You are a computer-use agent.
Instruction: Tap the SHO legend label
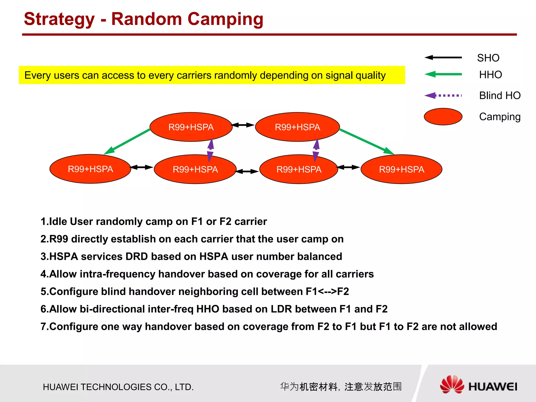(488, 58)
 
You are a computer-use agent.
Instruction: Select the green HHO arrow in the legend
(443, 74)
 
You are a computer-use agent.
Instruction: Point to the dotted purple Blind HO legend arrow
(443, 96)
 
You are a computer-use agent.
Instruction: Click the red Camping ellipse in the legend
(443, 117)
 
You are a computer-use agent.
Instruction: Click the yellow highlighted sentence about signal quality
(205, 75)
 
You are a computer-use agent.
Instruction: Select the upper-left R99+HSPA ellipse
(191, 127)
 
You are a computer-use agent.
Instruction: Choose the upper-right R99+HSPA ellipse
(297, 127)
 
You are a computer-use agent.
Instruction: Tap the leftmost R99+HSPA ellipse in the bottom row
(90, 169)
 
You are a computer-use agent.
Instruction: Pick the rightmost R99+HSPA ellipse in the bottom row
(401, 169)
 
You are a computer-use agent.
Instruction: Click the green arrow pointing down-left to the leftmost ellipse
(127, 141)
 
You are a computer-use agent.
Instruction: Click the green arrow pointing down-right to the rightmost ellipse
(366, 141)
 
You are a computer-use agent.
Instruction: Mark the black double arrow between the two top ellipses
(243, 125)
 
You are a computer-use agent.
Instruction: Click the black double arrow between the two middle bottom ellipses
(247, 172)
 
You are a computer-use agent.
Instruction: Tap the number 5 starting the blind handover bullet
(43, 292)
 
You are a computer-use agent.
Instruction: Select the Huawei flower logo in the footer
(452, 384)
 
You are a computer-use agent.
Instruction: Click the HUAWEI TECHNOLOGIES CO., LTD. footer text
(118, 387)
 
